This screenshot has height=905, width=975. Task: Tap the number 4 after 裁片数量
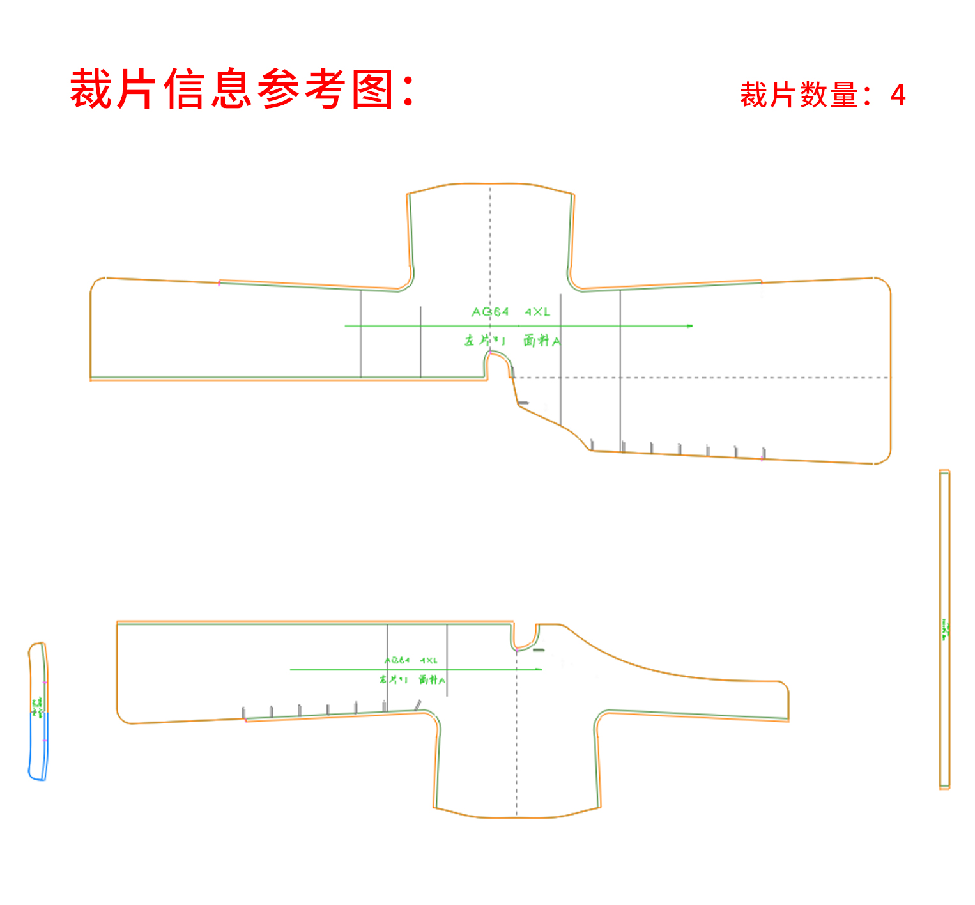tap(898, 96)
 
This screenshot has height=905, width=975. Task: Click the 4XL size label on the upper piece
tap(537, 312)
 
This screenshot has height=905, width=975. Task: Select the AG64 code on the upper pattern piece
tap(490, 312)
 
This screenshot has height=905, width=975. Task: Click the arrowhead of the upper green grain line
tap(689, 326)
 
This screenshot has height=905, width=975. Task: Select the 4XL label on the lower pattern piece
tap(429, 660)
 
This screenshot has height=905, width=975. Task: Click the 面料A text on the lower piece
tap(432, 679)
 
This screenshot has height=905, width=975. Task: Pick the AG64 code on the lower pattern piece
tap(397, 660)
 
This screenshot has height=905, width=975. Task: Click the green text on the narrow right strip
tap(946, 629)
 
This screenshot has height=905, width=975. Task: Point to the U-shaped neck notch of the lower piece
tap(525, 639)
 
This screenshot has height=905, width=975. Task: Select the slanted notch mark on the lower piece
tap(418, 705)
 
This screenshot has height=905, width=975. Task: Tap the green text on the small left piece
tap(38, 706)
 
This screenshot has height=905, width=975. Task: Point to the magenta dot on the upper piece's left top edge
tap(219, 282)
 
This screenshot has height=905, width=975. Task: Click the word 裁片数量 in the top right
tap(799, 96)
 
